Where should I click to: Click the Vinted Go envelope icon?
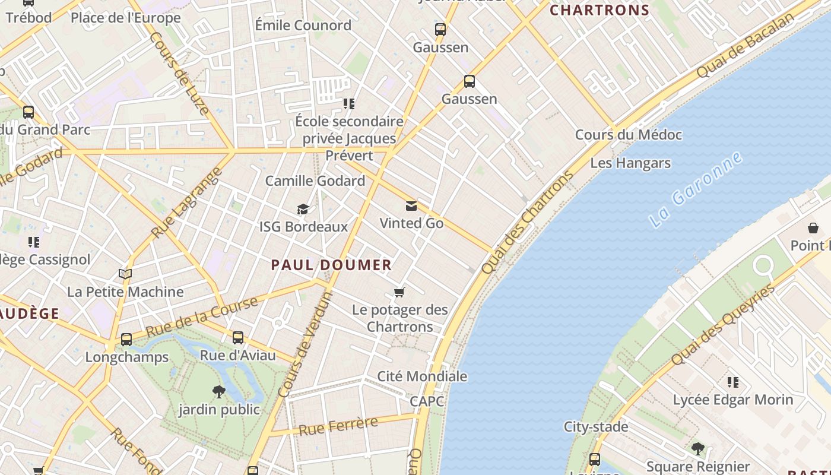point(411,206)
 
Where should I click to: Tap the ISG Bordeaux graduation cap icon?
point(303,209)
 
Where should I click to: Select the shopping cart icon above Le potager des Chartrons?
point(399,292)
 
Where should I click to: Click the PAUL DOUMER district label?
point(331,265)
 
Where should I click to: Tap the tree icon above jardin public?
point(219,391)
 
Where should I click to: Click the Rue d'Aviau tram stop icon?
point(238,338)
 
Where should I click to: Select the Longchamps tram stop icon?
point(126,340)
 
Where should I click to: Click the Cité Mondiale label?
point(422,376)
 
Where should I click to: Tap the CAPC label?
point(427,401)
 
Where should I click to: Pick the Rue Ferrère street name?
point(338,426)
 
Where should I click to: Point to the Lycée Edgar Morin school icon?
point(733,382)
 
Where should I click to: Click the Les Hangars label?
point(630,163)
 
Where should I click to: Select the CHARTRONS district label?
point(600,10)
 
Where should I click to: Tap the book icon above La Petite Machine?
point(125,274)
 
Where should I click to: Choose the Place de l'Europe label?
point(125,18)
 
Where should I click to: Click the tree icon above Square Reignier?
point(697,448)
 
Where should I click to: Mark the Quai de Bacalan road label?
point(745,45)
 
